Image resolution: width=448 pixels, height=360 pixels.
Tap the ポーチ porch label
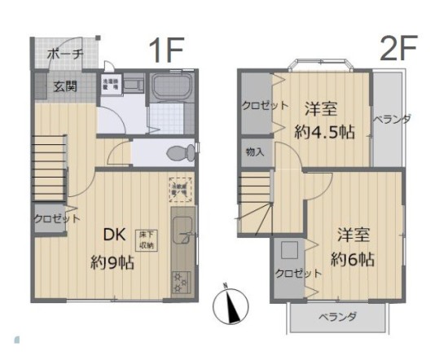[64, 54]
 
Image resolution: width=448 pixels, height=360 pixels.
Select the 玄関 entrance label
[66, 85]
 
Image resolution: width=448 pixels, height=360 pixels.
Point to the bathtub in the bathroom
[170, 87]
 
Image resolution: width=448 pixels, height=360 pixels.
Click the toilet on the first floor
[178, 151]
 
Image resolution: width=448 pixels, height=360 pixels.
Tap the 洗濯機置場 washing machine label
[111, 83]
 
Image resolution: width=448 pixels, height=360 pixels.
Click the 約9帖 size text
[112, 262]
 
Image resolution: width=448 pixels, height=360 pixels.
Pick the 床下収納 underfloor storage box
[147, 239]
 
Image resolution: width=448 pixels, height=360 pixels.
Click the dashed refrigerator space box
[178, 187]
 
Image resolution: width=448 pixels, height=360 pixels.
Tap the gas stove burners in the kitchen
[180, 282]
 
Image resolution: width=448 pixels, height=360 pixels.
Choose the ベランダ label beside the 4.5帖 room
[391, 119]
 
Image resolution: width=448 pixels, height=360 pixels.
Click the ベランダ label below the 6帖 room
[337, 317]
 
